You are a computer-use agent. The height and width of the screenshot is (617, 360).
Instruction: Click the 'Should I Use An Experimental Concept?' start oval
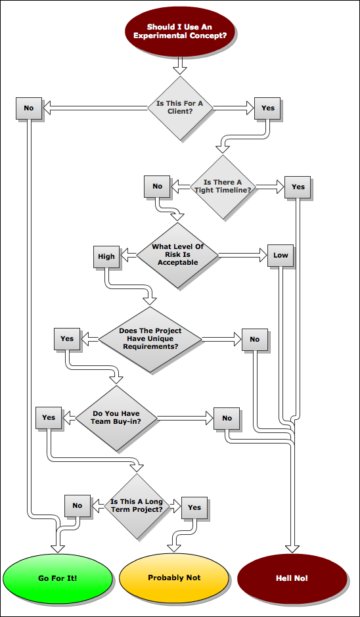[180, 32]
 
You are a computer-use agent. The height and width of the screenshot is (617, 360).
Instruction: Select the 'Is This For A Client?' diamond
[180, 108]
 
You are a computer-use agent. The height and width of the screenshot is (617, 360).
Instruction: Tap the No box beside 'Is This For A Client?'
[28, 108]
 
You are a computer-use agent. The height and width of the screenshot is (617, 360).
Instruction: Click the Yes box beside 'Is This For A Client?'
[267, 108]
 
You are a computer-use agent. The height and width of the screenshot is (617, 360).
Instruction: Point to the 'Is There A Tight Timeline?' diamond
[223, 187]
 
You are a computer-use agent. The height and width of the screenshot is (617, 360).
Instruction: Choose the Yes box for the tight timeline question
[298, 187]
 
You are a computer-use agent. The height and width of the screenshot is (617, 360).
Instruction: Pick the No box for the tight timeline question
[157, 186]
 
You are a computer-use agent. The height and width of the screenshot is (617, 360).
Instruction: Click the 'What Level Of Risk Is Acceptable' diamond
[177, 255]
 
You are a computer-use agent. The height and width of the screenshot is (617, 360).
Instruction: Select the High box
[106, 256]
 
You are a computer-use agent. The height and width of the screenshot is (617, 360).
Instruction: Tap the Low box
[281, 255]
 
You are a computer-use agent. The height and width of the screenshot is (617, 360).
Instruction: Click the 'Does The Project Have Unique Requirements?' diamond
[150, 339]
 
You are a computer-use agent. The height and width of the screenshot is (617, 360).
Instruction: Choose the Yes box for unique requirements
[67, 338]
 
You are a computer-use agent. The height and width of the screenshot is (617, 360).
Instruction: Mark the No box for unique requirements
[254, 339]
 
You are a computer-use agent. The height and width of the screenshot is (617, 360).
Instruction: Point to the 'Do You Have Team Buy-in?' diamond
[116, 418]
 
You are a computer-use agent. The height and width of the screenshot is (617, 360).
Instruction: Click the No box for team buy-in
[227, 419]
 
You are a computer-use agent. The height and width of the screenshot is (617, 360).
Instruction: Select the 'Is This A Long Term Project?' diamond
[137, 506]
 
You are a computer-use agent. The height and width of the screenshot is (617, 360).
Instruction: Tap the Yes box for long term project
[194, 508]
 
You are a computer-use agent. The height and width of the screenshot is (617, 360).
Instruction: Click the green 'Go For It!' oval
[57, 578]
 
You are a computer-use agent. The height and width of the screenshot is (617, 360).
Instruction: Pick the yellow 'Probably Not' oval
[174, 578]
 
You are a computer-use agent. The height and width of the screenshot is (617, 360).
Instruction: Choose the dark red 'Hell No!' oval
[292, 578]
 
